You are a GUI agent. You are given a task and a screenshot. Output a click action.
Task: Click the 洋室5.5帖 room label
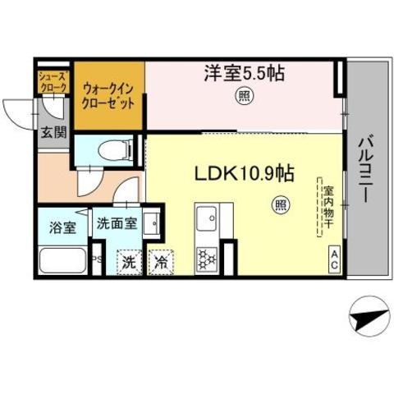tap(244, 74)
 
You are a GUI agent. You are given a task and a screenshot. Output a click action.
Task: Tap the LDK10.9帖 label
tap(244, 174)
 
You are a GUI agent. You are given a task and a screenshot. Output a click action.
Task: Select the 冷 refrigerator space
tap(162, 263)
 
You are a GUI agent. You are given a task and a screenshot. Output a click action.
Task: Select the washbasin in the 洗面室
tap(151, 222)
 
